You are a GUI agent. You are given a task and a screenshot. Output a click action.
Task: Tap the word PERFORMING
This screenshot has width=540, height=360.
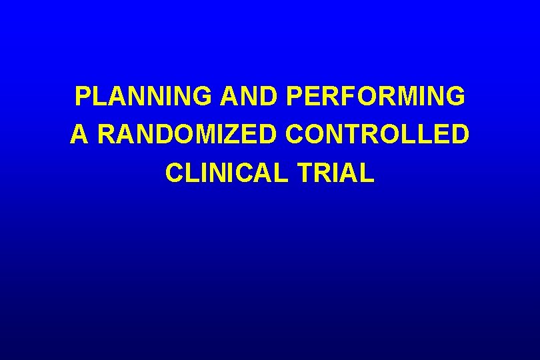coord(375,97)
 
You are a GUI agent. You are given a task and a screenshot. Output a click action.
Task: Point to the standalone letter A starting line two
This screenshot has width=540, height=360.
coord(79,135)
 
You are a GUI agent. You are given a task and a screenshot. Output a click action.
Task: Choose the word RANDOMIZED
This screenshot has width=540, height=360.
coord(187,135)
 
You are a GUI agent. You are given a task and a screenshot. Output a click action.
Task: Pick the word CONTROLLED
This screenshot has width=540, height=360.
coord(377,135)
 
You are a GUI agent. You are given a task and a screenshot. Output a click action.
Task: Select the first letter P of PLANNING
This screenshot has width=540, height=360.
coord(83,97)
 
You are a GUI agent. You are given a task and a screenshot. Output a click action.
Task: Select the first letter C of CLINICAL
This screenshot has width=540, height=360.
coord(174,173)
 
